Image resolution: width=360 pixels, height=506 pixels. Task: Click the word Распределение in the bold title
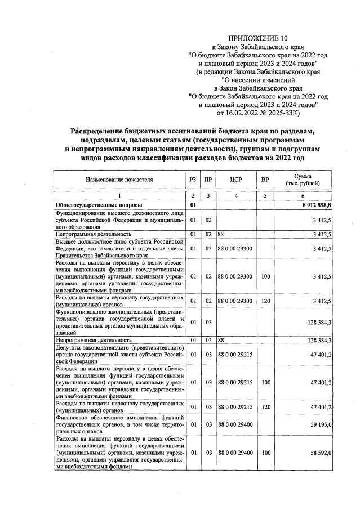100,131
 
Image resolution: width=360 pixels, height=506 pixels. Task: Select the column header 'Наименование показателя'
119,180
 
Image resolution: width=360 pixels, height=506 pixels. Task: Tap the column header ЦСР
236,180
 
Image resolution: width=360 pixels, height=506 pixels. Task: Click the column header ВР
264,180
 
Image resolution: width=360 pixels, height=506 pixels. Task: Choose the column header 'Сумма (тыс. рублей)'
303,180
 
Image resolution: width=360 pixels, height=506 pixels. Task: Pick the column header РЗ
193,180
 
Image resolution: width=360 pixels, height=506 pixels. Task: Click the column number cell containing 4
236,195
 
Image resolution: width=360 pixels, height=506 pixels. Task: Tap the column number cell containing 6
303,195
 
